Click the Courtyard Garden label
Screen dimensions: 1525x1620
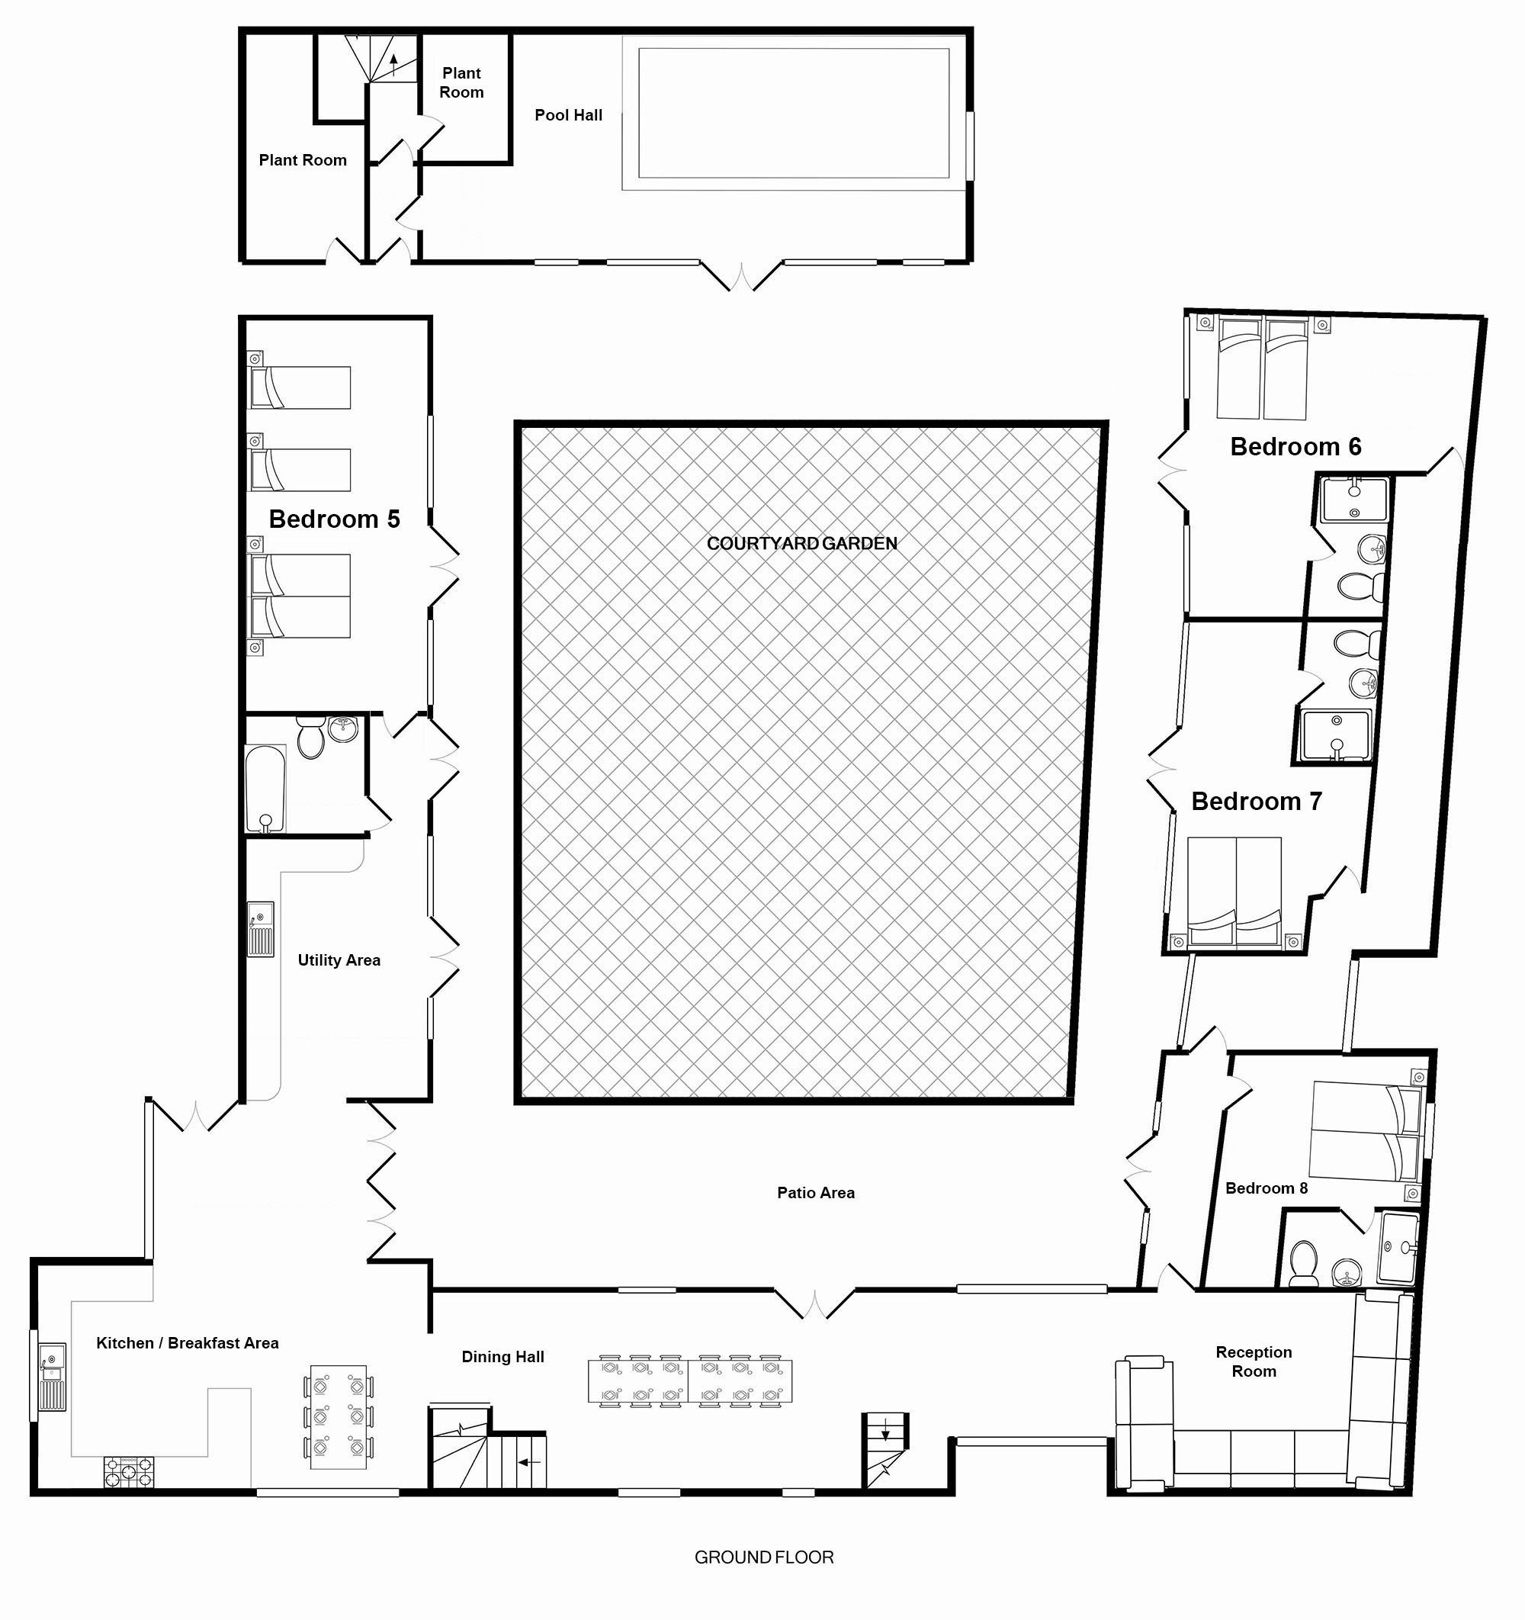click(801, 544)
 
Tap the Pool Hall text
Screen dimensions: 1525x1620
click(568, 116)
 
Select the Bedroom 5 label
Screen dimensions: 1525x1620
click(334, 519)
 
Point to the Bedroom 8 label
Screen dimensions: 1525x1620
click(1266, 1188)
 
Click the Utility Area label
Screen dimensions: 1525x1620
click(339, 960)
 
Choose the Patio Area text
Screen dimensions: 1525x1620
click(815, 1193)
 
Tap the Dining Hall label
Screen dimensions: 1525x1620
click(502, 1357)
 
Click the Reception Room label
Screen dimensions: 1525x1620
click(1254, 1361)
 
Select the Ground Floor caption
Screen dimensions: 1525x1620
click(764, 1557)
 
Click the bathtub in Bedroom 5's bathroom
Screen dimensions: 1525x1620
click(265, 789)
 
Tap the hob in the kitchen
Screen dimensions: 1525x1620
click(129, 1473)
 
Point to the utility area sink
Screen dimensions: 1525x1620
click(261, 929)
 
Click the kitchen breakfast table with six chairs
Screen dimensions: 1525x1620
click(339, 1417)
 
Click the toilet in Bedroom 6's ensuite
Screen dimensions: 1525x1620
click(1360, 585)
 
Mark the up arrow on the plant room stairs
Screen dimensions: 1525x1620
click(393, 64)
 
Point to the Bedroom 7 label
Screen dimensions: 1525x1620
click(1256, 801)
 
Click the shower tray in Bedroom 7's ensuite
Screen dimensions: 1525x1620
click(1336, 736)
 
